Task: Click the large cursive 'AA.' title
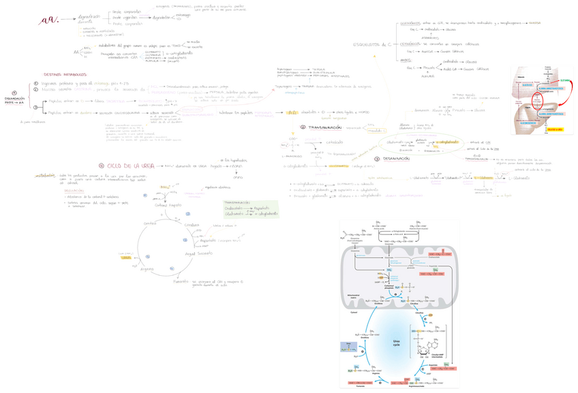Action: [49, 20]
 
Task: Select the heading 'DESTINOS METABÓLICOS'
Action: [65, 74]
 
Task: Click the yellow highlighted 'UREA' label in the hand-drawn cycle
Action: [125, 257]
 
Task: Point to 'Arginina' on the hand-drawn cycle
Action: [147, 269]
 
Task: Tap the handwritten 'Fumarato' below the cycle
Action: [180, 281]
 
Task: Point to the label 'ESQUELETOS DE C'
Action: [372, 44]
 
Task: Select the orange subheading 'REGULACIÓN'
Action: [74, 191]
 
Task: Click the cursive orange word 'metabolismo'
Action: [46, 175]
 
